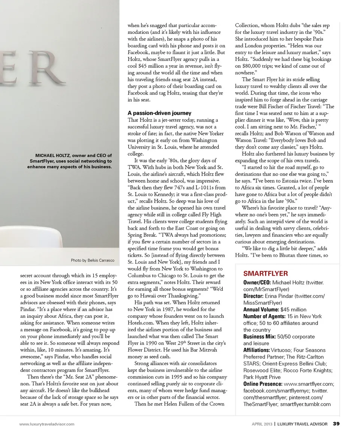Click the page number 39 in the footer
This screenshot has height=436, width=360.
point(336,424)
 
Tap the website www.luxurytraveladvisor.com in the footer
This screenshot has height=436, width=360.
point(47,424)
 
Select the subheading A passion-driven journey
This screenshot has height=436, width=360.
point(159,113)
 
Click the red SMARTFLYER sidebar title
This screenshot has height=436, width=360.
point(265,273)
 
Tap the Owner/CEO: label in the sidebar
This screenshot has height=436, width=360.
point(257,282)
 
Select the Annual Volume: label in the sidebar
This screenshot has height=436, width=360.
point(261,310)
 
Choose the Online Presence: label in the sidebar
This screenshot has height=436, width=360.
point(263,384)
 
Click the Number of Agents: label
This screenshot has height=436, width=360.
point(266,316)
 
